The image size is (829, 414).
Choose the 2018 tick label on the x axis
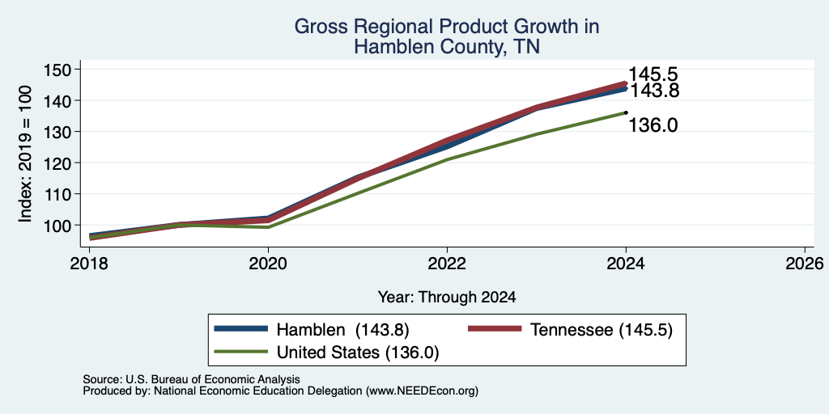[89, 263]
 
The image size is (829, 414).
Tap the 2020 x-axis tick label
[268, 263]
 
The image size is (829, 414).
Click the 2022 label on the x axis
[447, 263]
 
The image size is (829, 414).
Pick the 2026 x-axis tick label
[805, 263]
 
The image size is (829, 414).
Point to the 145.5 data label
[653, 75]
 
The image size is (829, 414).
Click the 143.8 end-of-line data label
[653, 91]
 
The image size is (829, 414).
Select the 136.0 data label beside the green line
[653, 125]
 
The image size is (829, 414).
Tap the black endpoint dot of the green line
[626, 112]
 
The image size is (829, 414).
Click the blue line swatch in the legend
[240, 329]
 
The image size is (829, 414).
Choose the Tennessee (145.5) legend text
[602, 330]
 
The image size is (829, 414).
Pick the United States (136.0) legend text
[358, 353]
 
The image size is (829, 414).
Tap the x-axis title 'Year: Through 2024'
[447, 298]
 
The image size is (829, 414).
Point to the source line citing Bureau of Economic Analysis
[191, 379]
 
